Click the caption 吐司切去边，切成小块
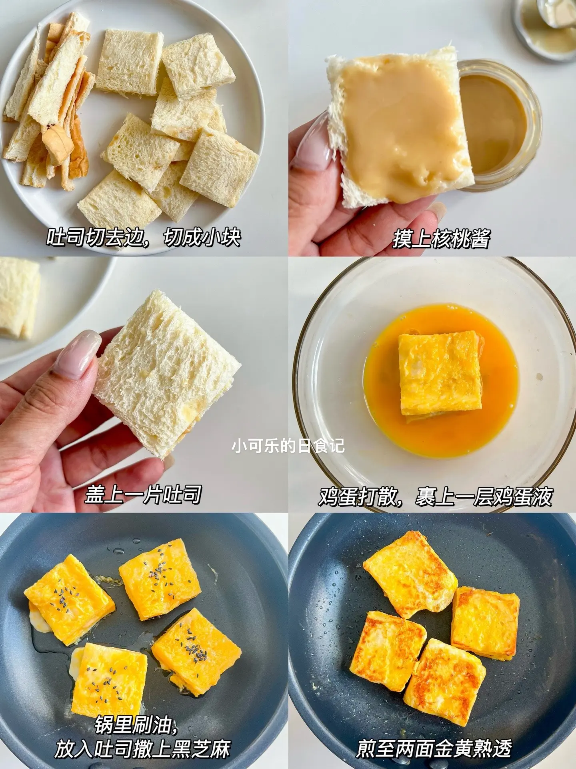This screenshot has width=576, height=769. (144, 238)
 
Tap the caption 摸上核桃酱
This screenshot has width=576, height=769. (441, 239)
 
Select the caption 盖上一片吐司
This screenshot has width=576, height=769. (143, 495)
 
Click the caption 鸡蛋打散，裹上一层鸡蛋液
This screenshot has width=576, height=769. (436, 497)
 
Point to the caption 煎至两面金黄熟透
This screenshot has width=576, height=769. (434, 748)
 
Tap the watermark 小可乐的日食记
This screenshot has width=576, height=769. (288, 445)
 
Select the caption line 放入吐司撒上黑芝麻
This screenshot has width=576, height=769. (142, 749)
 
